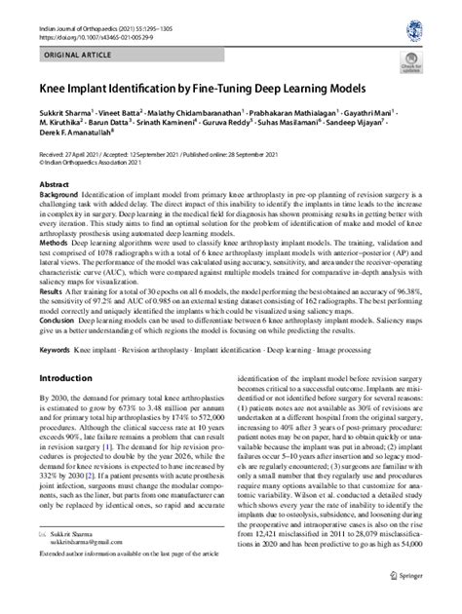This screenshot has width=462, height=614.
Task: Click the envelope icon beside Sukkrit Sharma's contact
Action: (x=44, y=553)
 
